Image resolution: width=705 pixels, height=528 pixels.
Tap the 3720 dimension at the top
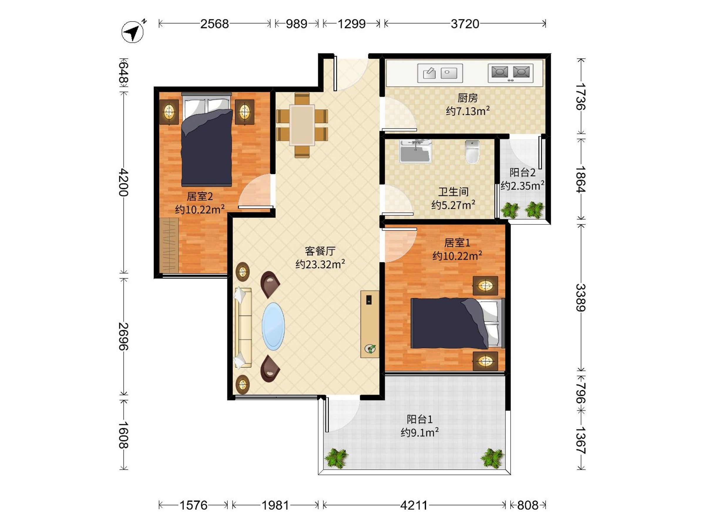pos(465,24)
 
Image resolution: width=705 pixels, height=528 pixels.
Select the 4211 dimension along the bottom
pos(414,505)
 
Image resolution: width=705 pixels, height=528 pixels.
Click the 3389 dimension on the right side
pos(581,297)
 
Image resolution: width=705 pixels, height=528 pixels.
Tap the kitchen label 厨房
pos(468,98)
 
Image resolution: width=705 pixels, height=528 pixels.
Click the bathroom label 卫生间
pos(453,192)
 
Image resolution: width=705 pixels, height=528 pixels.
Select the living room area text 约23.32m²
pos(320,264)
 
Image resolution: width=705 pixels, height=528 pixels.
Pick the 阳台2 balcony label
pos(522,172)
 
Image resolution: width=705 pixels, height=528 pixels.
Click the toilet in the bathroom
pos(472,152)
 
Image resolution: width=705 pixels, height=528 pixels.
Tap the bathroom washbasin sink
pos(415,151)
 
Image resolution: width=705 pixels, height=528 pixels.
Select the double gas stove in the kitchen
pos(510,73)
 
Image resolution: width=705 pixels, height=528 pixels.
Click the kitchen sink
pos(440,73)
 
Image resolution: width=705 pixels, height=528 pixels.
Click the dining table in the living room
pos(302,125)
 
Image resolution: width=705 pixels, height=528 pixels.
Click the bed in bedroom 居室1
pos(457,323)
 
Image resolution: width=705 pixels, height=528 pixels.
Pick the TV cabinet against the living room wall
pos(370,324)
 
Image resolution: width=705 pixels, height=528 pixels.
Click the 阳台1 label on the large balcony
pos(420,419)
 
